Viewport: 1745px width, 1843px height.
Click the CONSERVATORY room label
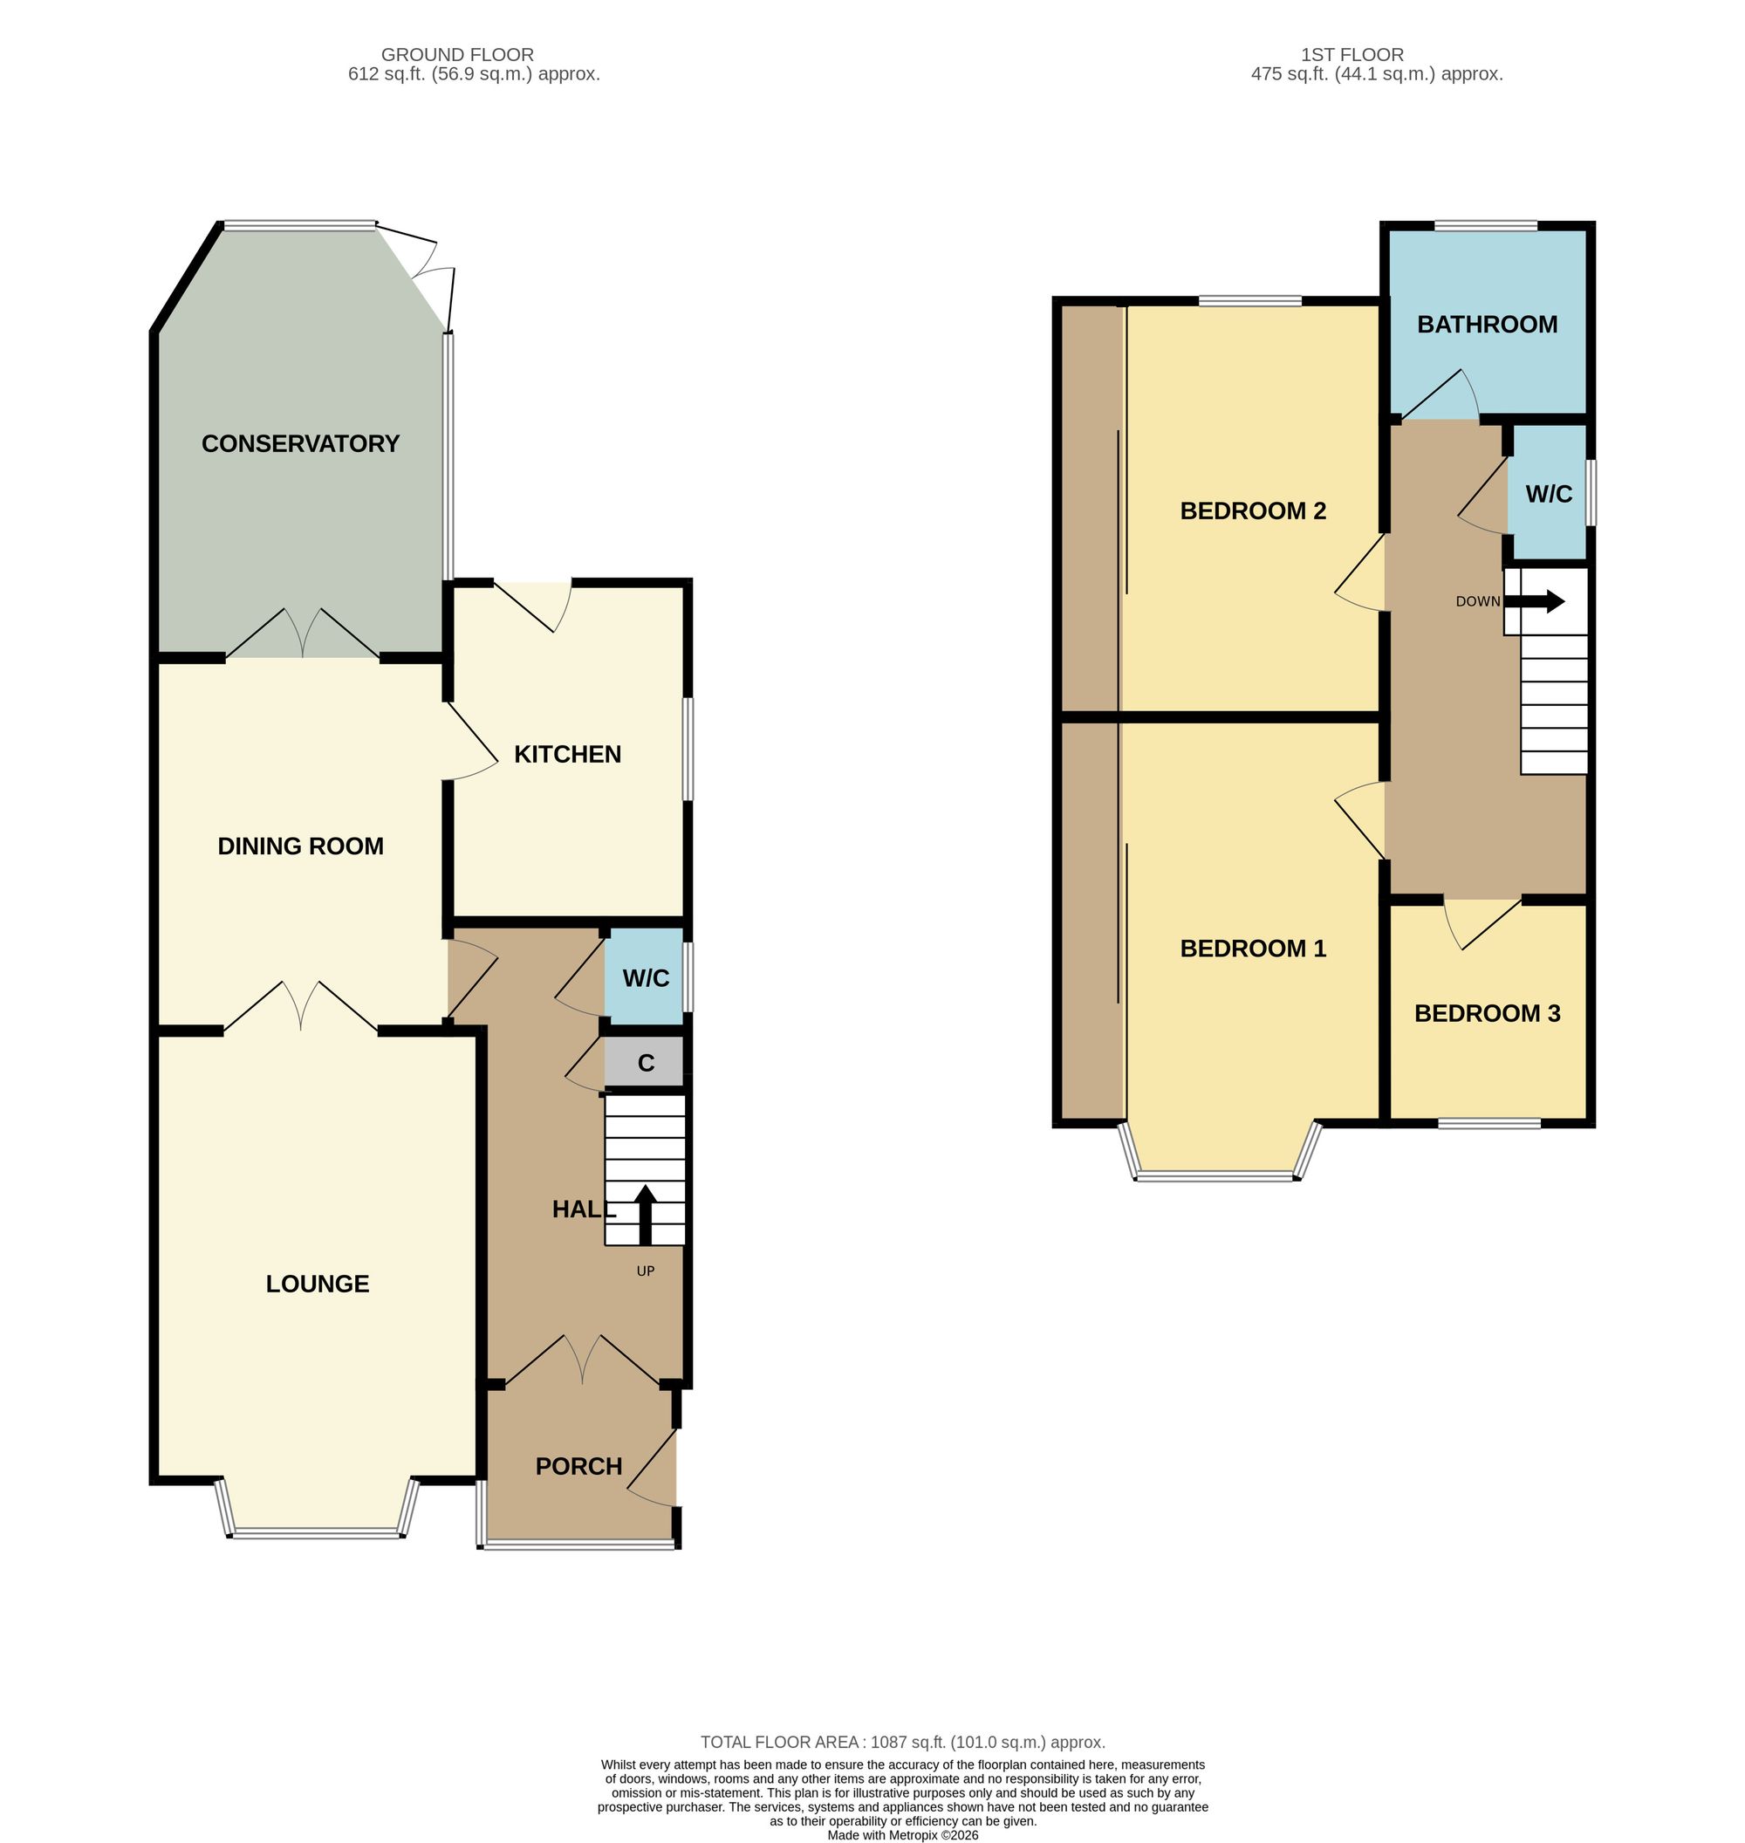coord(300,444)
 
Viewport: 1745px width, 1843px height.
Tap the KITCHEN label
coord(567,754)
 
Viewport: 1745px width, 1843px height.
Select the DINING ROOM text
coord(300,846)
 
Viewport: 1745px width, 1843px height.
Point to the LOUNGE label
coord(318,1284)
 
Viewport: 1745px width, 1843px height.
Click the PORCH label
coord(578,1466)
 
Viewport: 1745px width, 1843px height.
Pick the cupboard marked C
coord(646,1063)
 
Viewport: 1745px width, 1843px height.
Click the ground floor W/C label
coord(646,978)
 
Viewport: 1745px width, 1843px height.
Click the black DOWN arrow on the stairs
coord(1535,601)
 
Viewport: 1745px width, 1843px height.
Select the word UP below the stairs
coord(646,1271)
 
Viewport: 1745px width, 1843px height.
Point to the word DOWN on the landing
coord(1478,602)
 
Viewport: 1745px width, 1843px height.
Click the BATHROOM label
coord(1488,325)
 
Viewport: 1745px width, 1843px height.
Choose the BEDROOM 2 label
coord(1253,510)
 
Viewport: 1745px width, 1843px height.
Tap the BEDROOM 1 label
coord(1253,948)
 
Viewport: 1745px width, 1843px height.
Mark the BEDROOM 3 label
coord(1488,1013)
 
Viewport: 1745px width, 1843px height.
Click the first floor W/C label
coord(1549,494)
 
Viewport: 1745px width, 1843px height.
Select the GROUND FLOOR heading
coord(458,55)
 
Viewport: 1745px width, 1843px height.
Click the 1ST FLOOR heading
coord(1352,55)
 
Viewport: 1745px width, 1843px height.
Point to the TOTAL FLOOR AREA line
coord(902,1743)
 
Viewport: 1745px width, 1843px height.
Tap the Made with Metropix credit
coord(902,1835)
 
